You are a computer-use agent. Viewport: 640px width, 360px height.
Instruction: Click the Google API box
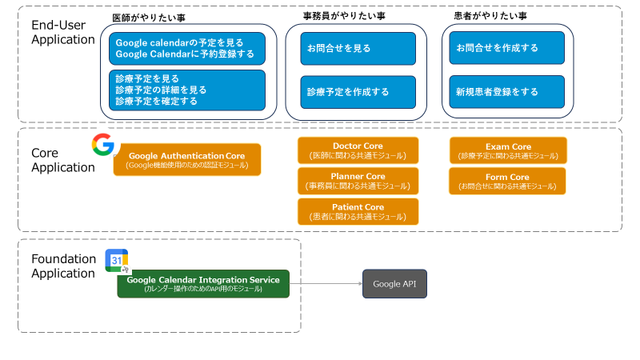click(x=394, y=284)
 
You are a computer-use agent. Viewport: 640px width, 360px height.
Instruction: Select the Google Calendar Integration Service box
click(x=203, y=284)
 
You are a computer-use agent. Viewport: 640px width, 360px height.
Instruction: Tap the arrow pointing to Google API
click(x=326, y=284)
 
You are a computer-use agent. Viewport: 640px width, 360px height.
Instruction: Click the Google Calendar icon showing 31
click(x=117, y=261)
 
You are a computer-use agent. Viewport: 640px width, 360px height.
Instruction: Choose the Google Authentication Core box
click(x=187, y=159)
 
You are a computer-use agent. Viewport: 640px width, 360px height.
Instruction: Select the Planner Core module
click(x=358, y=181)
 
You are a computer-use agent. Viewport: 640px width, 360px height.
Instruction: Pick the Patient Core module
click(x=358, y=211)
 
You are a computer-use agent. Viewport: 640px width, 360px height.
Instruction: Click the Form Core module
click(x=508, y=181)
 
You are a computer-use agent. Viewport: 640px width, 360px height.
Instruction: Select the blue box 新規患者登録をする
click(x=507, y=92)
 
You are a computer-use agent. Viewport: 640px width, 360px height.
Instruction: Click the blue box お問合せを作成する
click(x=507, y=49)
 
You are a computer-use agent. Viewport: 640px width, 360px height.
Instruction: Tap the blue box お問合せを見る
click(x=358, y=49)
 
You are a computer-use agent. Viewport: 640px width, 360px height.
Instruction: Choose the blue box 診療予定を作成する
click(x=358, y=92)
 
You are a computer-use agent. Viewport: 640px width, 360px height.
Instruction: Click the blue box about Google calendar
click(x=187, y=49)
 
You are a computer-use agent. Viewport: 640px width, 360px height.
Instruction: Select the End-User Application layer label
click(x=62, y=33)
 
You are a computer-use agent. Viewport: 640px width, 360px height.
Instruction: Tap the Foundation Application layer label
click(x=62, y=266)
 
